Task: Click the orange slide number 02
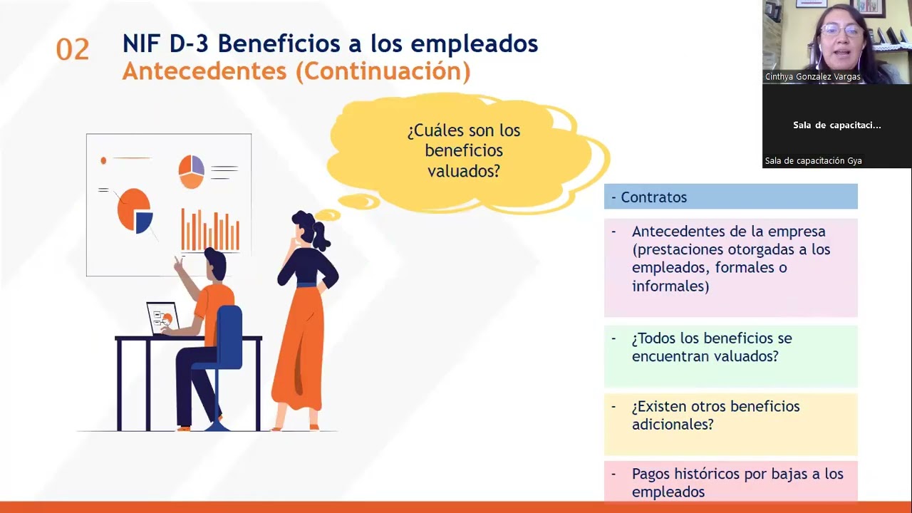[x=73, y=50]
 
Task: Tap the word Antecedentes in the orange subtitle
[x=204, y=71]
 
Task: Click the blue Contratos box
[x=731, y=197]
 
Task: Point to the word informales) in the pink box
[x=670, y=286]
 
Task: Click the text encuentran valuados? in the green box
[x=705, y=356]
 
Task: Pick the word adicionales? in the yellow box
[x=673, y=424]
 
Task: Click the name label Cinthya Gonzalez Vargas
[x=813, y=76]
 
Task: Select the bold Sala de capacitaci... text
[x=836, y=125]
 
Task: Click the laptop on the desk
[x=163, y=318]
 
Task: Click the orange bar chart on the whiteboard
[x=210, y=229]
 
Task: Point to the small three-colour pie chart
[x=192, y=172]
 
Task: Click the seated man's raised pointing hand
[x=178, y=264]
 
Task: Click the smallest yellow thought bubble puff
[x=328, y=214]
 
